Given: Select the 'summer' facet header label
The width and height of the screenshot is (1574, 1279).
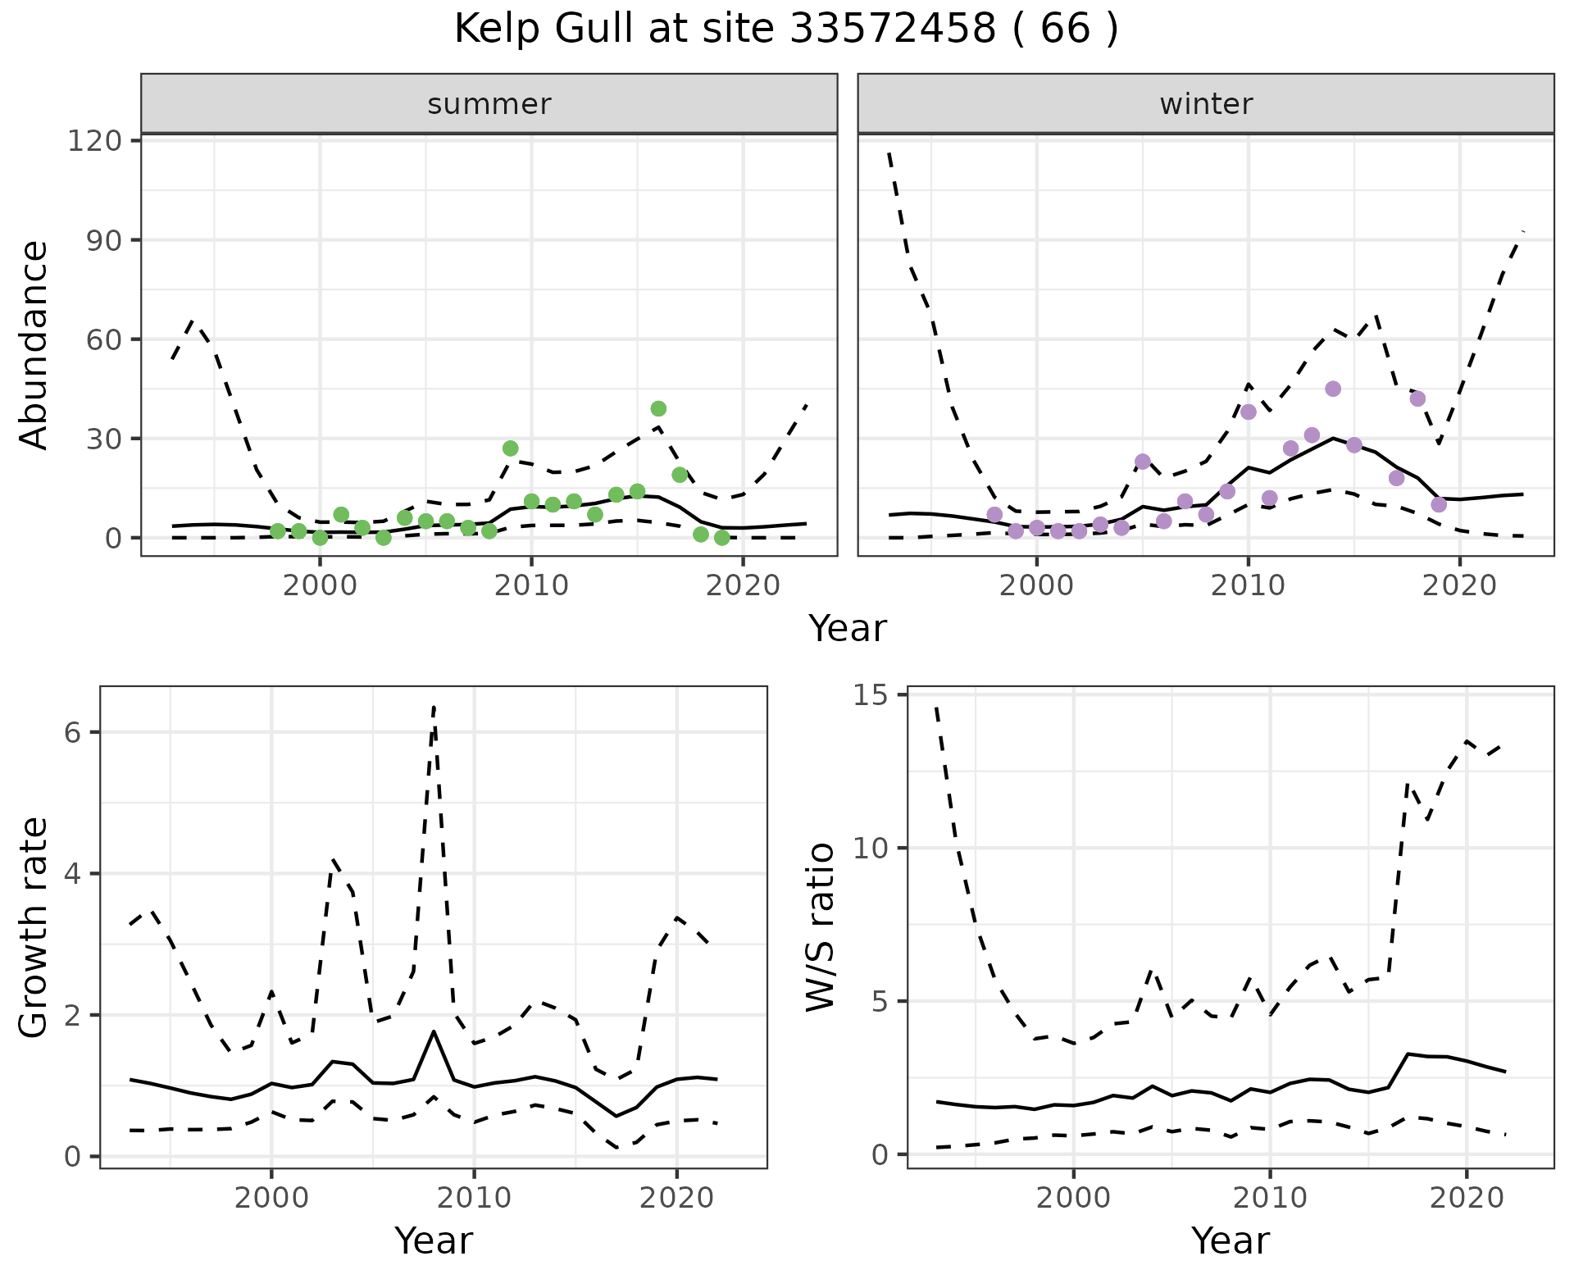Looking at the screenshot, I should tap(489, 104).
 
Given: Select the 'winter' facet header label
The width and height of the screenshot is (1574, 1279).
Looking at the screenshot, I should tap(1205, 104).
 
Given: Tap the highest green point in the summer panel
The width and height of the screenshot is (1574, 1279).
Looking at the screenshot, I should tap(658, 408).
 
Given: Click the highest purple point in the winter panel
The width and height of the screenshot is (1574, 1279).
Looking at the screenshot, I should tap(1333, 389).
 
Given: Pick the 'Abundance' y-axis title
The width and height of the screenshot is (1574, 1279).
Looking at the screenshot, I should tap(34, 344).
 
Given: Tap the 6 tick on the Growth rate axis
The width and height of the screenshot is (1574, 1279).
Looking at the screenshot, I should tap(72, 732).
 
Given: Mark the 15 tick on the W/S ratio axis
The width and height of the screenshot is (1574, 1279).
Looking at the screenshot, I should tap(872, 694).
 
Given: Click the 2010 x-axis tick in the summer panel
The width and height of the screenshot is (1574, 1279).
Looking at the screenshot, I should tap(531, 585).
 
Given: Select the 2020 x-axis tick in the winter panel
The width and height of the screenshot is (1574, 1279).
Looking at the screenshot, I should tap(1459, 585).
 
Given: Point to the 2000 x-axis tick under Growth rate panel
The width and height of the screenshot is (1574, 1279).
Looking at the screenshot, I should tap(271, 1197).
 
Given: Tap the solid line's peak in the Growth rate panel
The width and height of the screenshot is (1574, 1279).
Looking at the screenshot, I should tap(433, 1031).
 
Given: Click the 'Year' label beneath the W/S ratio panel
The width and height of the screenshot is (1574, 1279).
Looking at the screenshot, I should tap(1230, 1240).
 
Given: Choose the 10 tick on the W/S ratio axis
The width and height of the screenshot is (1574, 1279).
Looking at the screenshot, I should tap(872, 848).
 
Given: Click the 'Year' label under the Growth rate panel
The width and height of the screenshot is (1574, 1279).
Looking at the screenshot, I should tap(434, 1240).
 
